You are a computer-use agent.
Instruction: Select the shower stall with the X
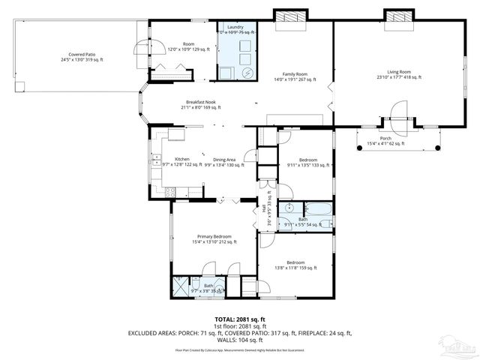coord(181,286)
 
